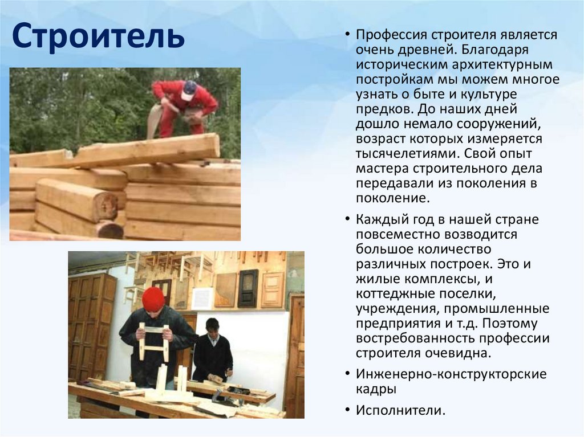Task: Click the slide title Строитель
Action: coord(99,35)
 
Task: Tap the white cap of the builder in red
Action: coord(189,88)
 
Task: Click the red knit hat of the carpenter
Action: coord(153,299)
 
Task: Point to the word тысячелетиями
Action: coord(408,154)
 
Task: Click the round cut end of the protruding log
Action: coord(106,205)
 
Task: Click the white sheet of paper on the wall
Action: coord(202,297)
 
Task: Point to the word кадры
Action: coord(376,390)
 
